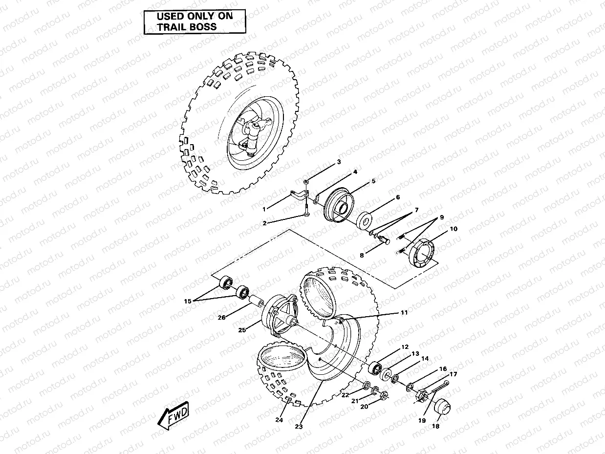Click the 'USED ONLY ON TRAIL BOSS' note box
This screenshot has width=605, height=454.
[x=194, y=22]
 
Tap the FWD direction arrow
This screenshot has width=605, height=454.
[x=173, y=416]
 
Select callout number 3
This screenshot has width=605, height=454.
[x=339, y=162]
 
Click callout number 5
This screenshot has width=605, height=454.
[x=373, y=181]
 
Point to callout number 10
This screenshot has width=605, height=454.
[x=453, y=228]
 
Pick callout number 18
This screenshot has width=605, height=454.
[x=435, y=426]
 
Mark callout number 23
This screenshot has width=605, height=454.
[x=299, y=427]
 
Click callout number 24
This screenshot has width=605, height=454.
[x=279, y=419]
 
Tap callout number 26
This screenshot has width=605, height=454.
[x=221, y=317]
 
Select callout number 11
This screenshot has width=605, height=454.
[x=404, y=312]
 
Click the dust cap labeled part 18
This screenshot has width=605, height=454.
[x=442, y=407]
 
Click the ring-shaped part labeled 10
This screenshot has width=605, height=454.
[x=422, y=253]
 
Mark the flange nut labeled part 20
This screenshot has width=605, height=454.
[x=384, y=395]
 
